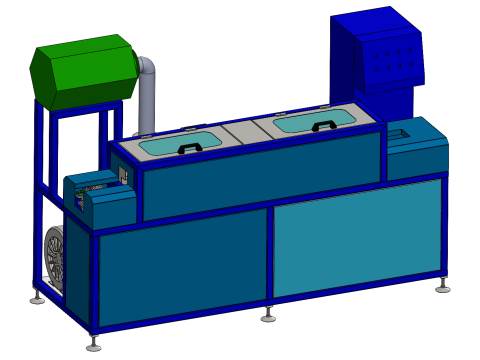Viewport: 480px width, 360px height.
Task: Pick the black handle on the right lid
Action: click(x=322, y=126)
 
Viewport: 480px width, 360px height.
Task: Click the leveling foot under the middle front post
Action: click(x=268, y=318)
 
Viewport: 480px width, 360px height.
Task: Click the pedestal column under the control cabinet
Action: click(x=403, y=101)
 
